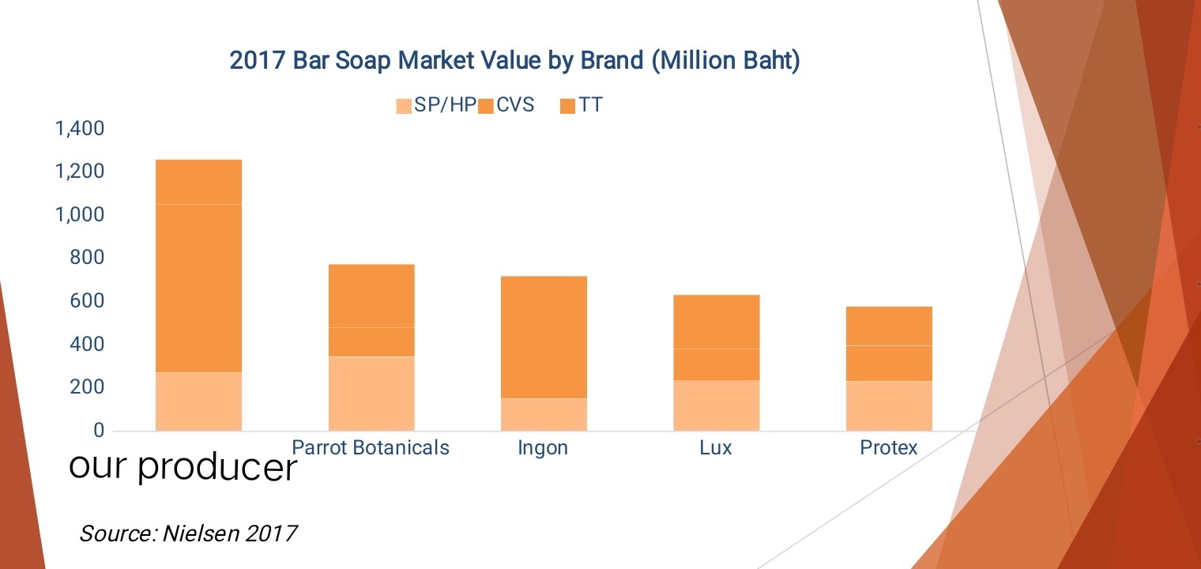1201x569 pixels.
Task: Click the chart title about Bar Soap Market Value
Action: point(514,61)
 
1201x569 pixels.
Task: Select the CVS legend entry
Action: point(506,105)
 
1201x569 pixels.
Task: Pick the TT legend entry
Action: point(582,105)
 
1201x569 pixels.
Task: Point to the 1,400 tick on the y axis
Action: point(79,129)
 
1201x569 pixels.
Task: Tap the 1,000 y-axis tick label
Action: point(79,215)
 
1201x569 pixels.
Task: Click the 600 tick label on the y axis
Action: point(87,301)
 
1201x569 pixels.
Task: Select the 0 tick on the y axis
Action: point(99,431)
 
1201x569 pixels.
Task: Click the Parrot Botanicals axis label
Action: point(371,448)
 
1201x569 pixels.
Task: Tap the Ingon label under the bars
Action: point(543,448)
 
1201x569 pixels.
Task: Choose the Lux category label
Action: point(716,448)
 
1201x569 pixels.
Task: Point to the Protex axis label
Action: point(889,448)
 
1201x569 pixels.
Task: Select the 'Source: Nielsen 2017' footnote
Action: point(188,533)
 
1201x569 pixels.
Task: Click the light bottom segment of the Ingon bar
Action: point(544,414)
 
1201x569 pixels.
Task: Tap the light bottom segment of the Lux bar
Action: point(716,405)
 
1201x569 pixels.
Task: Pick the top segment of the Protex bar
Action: point(889,326)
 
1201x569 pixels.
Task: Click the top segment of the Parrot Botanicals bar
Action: point(371,296)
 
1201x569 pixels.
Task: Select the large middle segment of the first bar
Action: point(198,288)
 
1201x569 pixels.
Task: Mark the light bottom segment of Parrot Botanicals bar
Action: point(371,394)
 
